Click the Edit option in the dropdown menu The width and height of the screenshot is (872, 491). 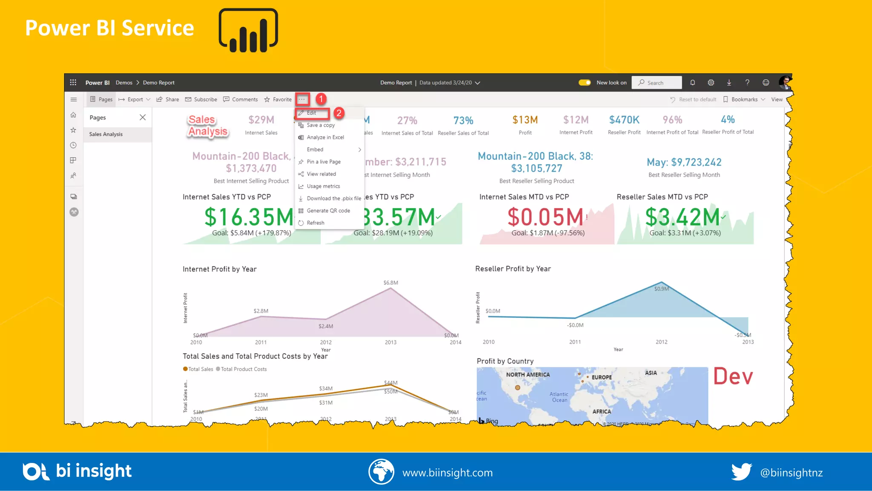click(x=312, y=113)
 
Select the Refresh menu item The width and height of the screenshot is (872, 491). click(x=315, y=223)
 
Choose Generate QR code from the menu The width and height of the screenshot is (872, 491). click(x=328, y=211)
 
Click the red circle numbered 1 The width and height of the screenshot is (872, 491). click(x=321, y=99)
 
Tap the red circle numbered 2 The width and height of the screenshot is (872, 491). click(x=339, y=113)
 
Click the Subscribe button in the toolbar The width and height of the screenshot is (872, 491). click(x=201, y=99)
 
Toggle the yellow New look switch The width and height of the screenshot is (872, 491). click(x=585, y=83)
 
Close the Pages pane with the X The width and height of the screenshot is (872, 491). click(x=143, y=117)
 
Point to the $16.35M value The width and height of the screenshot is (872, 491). click(x=248, y=217)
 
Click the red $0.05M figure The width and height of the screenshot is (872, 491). click(x=545, y=217)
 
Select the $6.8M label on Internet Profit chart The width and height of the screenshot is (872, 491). click(x=390, y=283)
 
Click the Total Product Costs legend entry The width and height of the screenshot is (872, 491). click(x=241, y=369)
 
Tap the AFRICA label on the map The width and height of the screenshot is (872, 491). click(x=601, y=411)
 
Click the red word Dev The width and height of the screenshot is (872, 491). click(x=733, y=376)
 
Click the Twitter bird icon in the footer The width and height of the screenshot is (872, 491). click(x=741, y=472)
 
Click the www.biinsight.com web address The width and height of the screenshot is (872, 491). click(x=447, y=473)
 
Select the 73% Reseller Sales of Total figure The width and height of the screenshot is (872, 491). click(x=463, y=121)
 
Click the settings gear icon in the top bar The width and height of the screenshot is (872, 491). click(x=711, y=83)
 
